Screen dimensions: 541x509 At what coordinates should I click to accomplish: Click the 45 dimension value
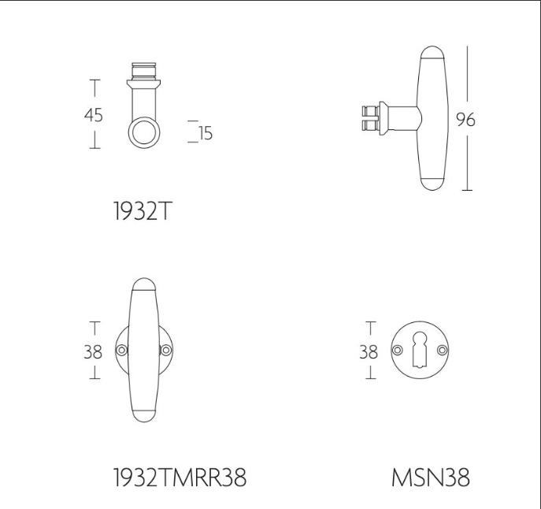[94, 115]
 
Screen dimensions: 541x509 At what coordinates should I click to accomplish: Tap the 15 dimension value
[206, 133]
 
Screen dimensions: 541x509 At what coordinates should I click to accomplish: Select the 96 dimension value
[465, 120]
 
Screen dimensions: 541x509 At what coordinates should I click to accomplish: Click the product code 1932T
[142, 211]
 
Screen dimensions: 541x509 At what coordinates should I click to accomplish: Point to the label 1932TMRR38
[180, 477]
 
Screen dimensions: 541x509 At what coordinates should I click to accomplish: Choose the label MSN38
[431, 477]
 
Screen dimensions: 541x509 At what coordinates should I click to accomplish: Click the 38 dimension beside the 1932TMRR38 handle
[93, 352]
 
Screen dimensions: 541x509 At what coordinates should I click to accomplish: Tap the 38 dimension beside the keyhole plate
[369, 352]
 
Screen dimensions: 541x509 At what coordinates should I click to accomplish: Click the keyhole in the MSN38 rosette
[420, 350]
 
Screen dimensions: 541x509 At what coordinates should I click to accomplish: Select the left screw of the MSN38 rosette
[398, 350]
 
